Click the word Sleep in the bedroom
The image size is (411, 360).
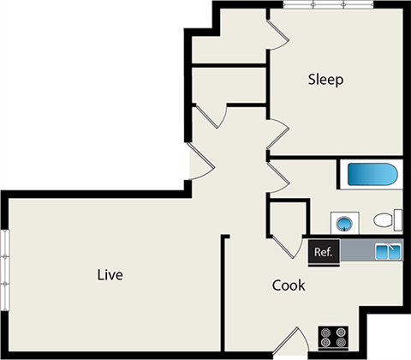point(325,80)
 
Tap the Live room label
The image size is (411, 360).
point(110,275)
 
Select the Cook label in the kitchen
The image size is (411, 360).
point(289,285)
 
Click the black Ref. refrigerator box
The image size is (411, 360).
point(325,251)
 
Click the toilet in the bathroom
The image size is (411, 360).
point(385,220)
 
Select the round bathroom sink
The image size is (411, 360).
point(344,224)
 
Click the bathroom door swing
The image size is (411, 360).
point(280,177)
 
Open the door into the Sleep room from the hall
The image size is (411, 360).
point(278,134)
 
